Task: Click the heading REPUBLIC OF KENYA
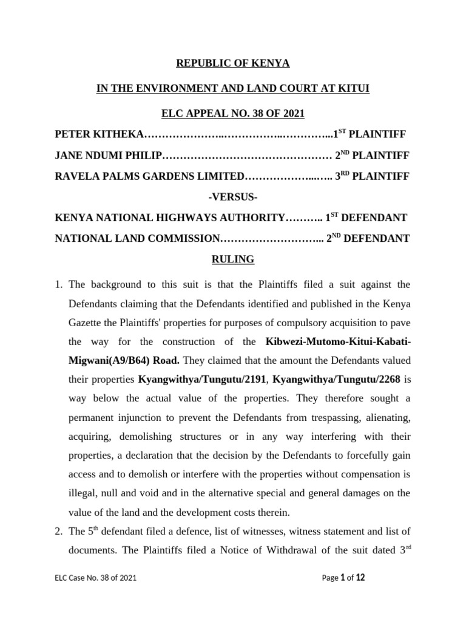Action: pos(233,63)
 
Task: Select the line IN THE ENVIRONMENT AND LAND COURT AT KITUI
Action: pos(233,89)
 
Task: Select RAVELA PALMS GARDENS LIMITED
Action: pos(149,177)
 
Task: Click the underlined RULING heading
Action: pos(232,260)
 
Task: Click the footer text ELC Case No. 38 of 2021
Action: pos(95,578)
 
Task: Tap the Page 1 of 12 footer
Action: pos(343,578)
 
